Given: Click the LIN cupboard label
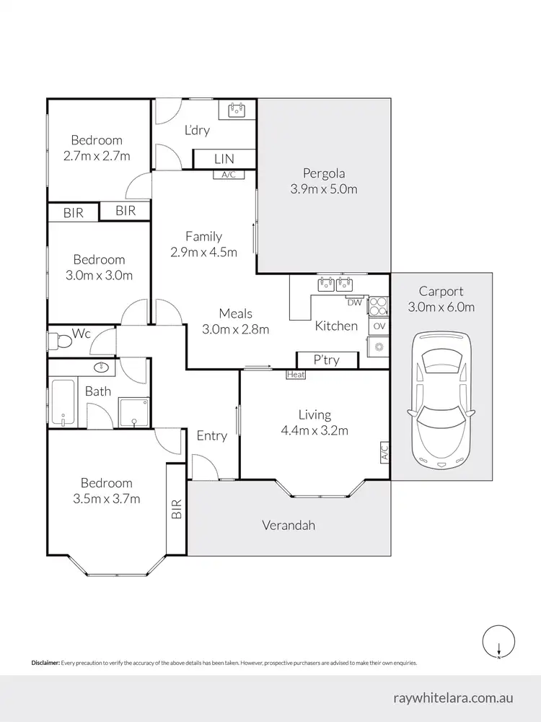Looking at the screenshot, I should (224, 159).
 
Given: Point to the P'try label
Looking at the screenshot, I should (327, 360).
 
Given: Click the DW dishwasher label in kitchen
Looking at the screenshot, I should (353, 302).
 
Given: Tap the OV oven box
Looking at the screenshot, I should (379, 326).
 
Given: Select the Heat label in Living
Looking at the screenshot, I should (296, 374).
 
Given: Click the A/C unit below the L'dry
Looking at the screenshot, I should (229, 174).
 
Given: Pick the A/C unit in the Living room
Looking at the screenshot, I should (384, 453).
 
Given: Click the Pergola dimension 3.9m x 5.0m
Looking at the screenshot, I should (324, 190).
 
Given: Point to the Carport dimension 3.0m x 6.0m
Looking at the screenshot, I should (441, 308).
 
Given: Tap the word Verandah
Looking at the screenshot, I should (289, 526).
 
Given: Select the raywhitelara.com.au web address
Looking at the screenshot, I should (454, 698).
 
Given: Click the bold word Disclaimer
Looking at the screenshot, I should (45, 662).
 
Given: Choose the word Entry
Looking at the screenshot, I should (211, 435).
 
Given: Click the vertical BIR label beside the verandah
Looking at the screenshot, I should (176, 510).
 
